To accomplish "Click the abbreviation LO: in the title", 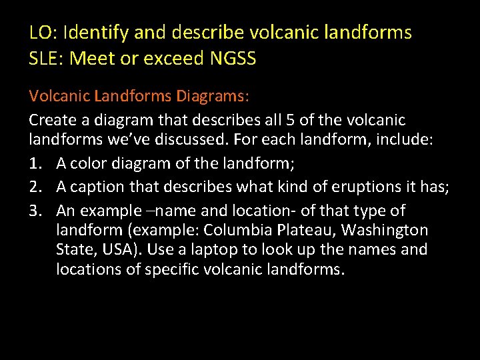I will point(43,32).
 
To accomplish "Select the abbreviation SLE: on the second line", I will point(46,59).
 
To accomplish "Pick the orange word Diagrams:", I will point(213,97).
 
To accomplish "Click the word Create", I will point(52,121).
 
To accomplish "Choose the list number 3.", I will point(35,211).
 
